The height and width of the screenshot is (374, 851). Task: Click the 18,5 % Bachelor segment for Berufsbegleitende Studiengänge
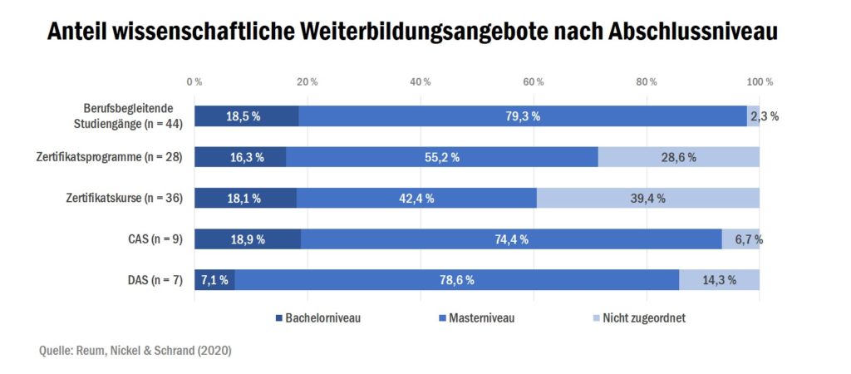[x=246, y=116]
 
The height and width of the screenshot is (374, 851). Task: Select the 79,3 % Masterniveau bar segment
[x=523, y=116]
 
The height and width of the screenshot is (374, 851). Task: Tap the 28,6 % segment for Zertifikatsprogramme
[x=678, y=157]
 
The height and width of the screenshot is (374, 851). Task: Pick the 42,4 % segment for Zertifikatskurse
[x=416, y=198]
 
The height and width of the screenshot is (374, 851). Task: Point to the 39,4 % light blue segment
[x=647, y=198]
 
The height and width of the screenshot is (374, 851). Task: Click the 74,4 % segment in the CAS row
[x=511, y=239]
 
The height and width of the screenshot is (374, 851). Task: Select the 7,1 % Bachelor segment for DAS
[x=214, y=280]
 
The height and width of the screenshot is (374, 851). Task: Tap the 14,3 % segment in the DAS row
[x=719, y=280]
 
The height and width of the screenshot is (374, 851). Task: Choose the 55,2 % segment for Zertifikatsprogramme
[x=441, y=157]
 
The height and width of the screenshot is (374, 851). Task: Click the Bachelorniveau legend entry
[x=316, y=317]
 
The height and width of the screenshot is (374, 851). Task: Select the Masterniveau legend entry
[x=475, y=317]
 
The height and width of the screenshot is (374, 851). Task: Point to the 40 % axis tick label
[x=421, y=81]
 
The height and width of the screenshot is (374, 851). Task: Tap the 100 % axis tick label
[x=760, y=81]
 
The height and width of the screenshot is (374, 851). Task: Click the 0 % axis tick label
[x=194, y=81]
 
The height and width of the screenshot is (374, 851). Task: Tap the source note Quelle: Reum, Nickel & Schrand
[x=135, y=351]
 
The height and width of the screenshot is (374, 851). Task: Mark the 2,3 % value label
[x=765, y=116]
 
